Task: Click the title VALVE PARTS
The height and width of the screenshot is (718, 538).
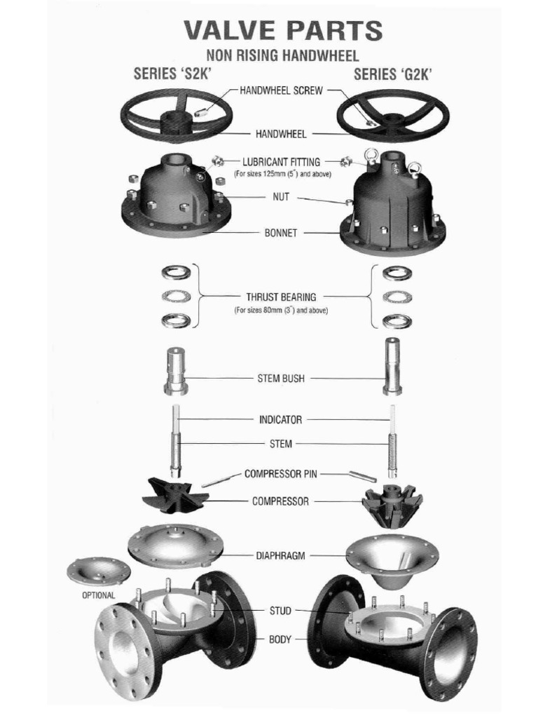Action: pyautogui.click(x=283, y=31)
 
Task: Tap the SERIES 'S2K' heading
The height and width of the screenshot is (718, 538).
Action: pyautogui.click(x=172, y=74)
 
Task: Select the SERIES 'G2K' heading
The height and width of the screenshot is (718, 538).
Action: pyautogui.click(x=393, y=74)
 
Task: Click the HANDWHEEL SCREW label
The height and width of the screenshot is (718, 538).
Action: pyautogui.click(x=282, y=90)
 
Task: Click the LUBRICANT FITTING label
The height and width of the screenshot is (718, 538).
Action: pyautogui.click(x=282, y=162)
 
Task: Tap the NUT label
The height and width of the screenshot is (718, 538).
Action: pyautogui.click(x=280, y=197)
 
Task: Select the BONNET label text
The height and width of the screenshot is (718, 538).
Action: pyautogui.click(x=281, y=233)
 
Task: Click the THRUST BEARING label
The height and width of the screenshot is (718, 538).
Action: pyautogui.click(x=281, y=297)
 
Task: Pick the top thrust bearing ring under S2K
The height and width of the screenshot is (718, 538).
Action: pyautogui.click(x=176, y=273)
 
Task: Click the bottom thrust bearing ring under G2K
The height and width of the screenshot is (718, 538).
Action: pyautogui.click(x=396, y=321)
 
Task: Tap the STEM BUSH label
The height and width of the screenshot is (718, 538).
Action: pyautogui.click(x=281, y=379)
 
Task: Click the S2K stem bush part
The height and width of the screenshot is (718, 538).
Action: pyautogui.click(x=175, y=372)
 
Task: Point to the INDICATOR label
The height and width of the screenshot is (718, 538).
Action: pyautogui.click(x=280, y=419)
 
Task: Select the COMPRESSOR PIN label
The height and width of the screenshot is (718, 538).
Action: pyautogui.click(x=280, y=473)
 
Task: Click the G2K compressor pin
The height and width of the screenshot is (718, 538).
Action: pyautogui.click(x=363, y=476)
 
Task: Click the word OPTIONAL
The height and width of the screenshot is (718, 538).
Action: pyautogui.click(x=98, y=595)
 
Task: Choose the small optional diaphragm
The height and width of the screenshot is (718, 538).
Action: pyautogui.click(x=98, y=571)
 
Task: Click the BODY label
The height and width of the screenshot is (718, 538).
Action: pyautogui.click(x=280, y=639)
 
